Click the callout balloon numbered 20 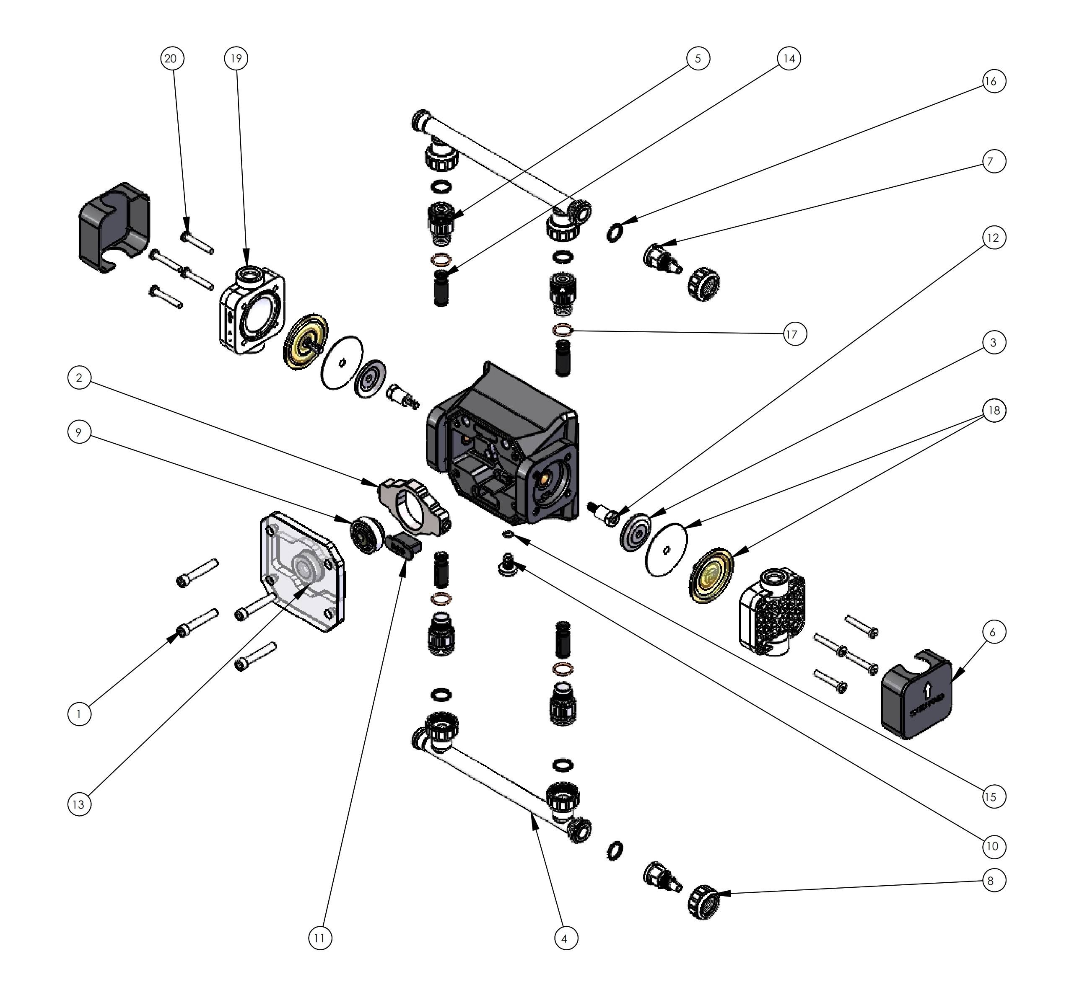tap(172, 58)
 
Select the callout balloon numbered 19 tap(236, 58)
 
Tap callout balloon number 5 tap(698, 58)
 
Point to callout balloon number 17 tap(791, 335)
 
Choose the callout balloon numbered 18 tap(994, 411)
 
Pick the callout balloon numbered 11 tap(319, 938)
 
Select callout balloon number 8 tap(991, 881)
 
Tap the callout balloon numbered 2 tap(79, 378)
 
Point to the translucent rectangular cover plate tap(301, 572)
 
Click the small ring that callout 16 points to tap(615, 232)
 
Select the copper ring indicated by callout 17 tap(563, 330)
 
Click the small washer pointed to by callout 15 tap(506, 534)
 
